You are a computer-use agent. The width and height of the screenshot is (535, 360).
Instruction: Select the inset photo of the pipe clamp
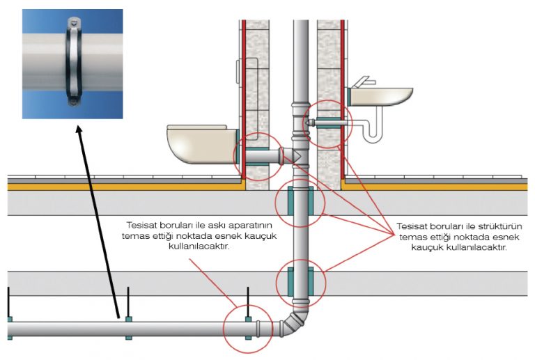pyautogui.click(x=72, y=63)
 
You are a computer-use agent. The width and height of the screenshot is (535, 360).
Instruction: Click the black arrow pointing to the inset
pyautogui.click(x=98, y=209)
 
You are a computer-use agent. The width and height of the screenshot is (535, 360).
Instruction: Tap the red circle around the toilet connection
pyautogui.click(x=258, y=157)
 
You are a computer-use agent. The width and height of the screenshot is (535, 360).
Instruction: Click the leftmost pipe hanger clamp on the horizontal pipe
pyautogui.click(x=9, y=328)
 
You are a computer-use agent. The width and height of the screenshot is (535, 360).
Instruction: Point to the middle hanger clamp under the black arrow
pyautogui.click(x=128, y=328)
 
